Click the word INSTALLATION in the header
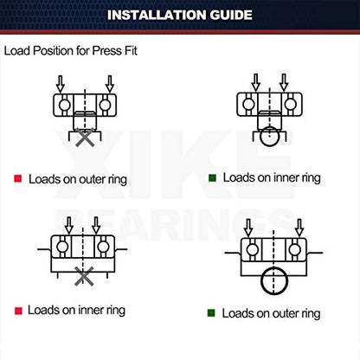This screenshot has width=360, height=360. click(157, 15)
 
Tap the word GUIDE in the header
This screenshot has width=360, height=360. click(231, 15)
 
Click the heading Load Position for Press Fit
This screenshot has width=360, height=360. click(70, 51)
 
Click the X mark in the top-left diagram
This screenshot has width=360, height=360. click(85, 138)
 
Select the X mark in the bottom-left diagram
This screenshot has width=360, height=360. click(84, 276)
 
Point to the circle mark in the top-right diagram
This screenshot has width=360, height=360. click(269, 136)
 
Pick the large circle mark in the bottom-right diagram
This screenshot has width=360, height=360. click(274, 280)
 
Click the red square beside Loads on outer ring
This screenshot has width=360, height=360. click(18, 178)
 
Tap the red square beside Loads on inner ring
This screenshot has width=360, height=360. click(18, 311)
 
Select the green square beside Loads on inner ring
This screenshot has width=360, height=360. click(212, 177)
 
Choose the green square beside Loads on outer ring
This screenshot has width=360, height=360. click(211, 313)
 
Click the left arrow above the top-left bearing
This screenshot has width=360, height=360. click(61, 84)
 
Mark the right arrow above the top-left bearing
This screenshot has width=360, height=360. click(110, 84)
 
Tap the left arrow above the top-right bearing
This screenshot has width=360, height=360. click(256, 82)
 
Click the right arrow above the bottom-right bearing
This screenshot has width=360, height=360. click(299, 228)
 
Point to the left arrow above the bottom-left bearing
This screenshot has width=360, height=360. click(69, 226)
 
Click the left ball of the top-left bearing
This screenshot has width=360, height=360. click(64, 105)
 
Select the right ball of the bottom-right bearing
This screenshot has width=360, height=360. click(295, 249)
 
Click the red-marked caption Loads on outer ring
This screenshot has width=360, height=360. click(78, 179)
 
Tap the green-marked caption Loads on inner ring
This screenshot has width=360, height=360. click(272, 178)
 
